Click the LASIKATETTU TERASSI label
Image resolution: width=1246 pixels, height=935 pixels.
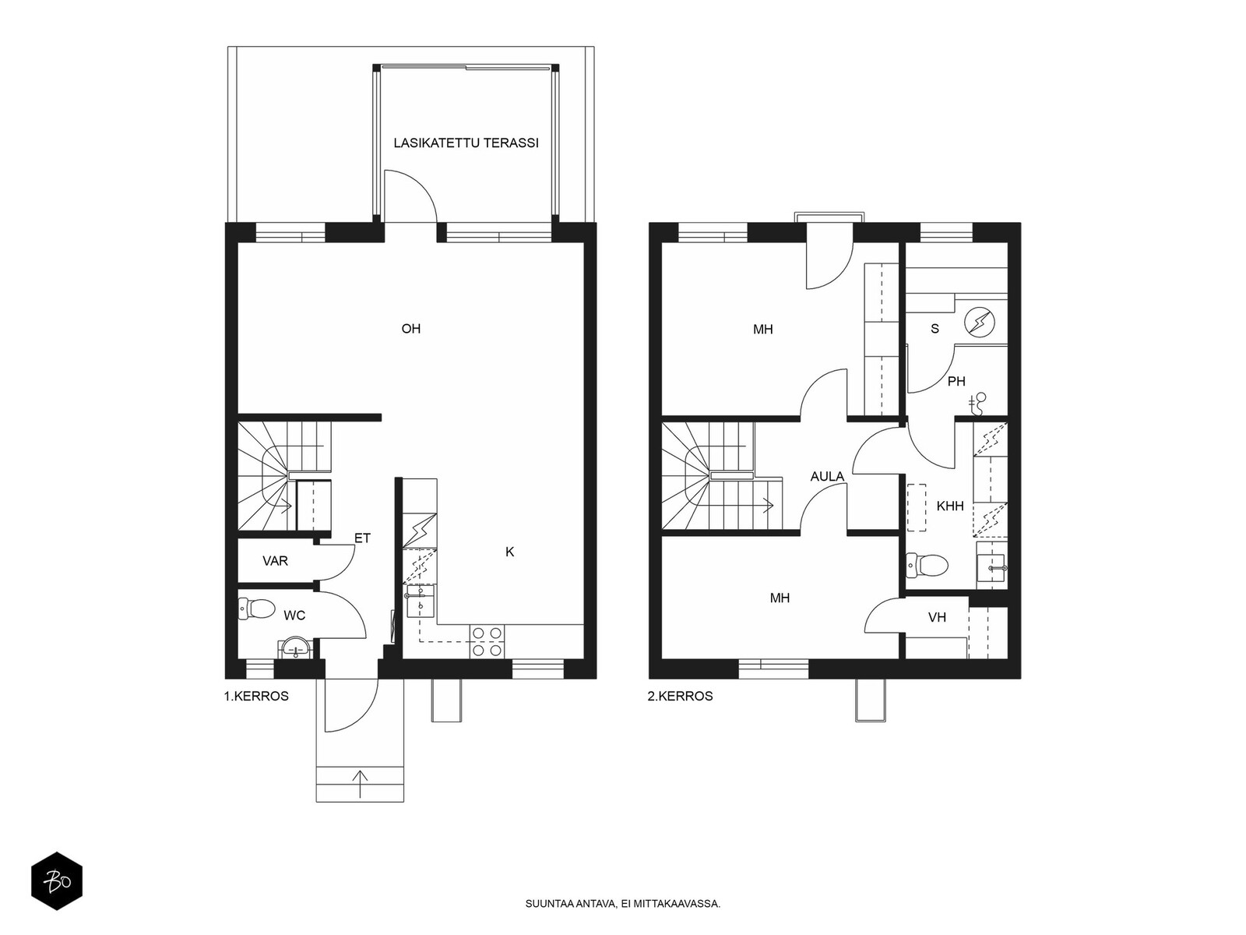(466, 143)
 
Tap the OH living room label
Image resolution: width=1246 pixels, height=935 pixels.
(411, 329)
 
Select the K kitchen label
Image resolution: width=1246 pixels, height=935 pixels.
(510, 552)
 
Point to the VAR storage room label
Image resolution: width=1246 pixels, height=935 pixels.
(276, 561)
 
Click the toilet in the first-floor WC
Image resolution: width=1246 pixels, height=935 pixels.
(256, 609)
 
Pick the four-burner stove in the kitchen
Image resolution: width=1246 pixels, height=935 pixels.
(487, 641)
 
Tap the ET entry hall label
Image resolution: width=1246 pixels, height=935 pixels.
(362, 538)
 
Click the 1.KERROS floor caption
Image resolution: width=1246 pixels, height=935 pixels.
(256, 696)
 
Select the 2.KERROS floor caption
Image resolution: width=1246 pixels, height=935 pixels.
(680, 696)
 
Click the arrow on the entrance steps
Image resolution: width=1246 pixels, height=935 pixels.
(360, 784)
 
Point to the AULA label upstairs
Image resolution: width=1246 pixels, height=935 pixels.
(827, 477)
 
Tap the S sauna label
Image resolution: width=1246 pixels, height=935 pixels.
(935, 329)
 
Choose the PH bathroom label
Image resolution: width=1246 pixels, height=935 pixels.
(956, 382)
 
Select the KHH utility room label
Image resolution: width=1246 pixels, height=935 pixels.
(949, 506)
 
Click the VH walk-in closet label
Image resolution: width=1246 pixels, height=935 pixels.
(937, 617)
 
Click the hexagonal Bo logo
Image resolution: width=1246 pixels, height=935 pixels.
(57, 881)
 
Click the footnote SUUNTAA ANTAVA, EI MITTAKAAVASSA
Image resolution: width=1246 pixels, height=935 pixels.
(623, 904)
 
